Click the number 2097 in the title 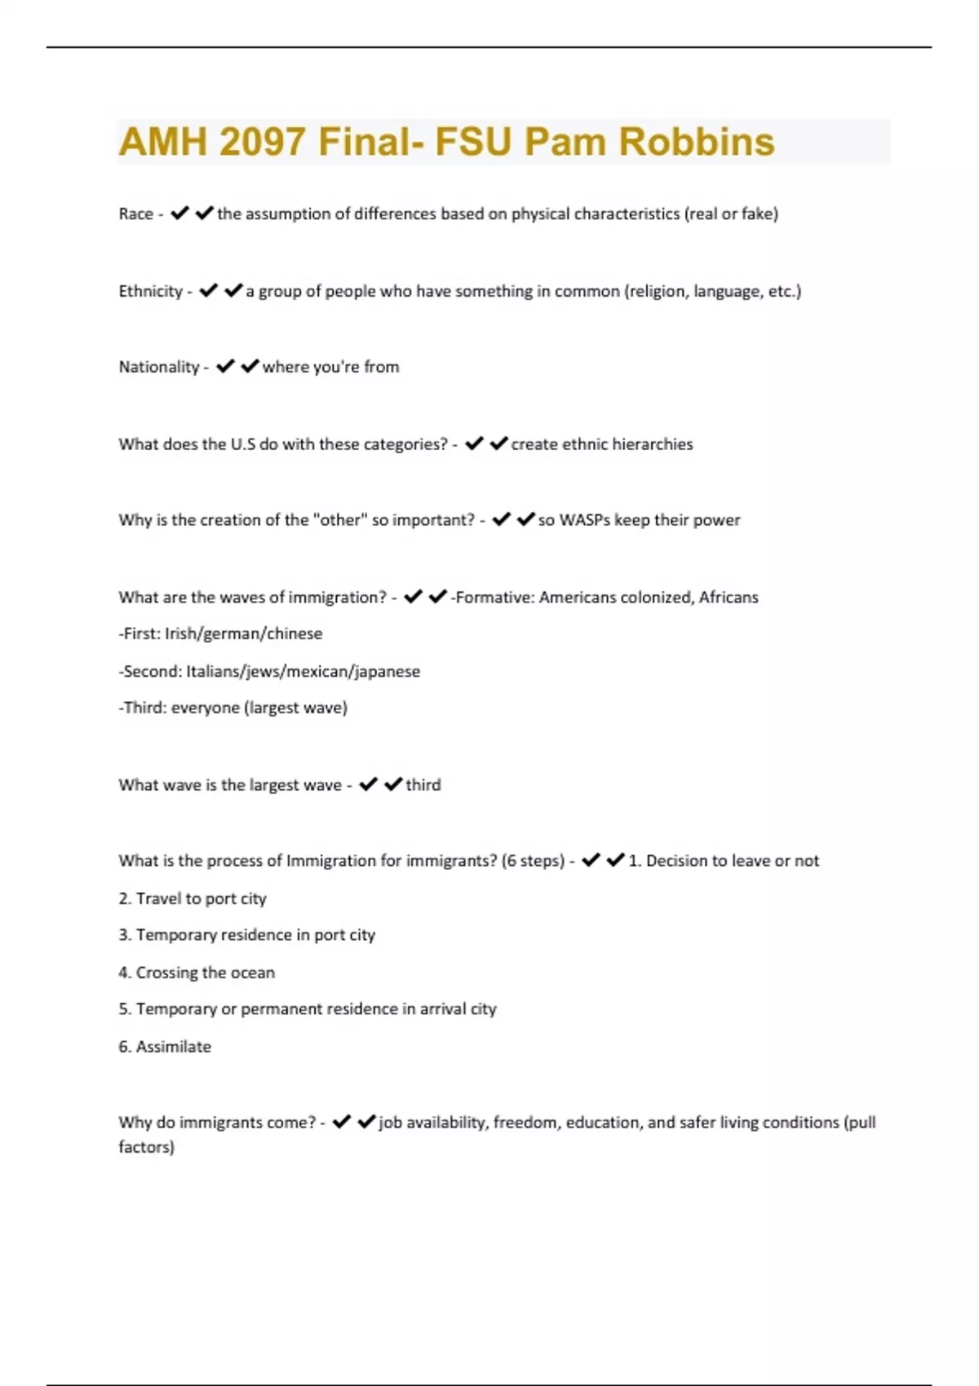[x=264, y=142]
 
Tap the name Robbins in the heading [x=696, y=142]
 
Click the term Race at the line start [x=135, y=214]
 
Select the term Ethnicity [x=150, y=291]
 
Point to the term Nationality [x=159, y=367]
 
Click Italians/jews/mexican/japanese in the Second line [x=303, y=672]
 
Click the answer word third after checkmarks [x=423, y=785]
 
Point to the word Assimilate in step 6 [x=174, y=1047]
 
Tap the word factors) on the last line [x=146, y=1147]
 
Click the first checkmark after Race [x=179, y=214]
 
